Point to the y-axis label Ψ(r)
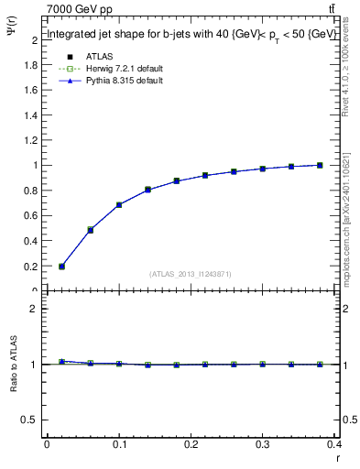point(12,35)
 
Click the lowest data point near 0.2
point(61,267)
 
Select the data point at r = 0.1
point(119,204)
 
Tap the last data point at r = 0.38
point(320,165)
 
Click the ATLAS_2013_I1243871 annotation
point(189,275)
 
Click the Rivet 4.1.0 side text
point(348,73)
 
